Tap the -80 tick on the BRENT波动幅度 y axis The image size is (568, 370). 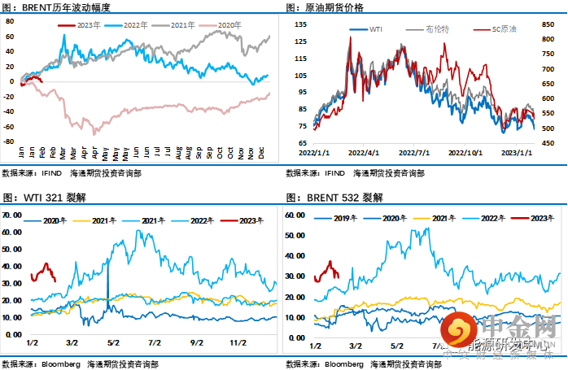pyautogui.click(x=10, y=127)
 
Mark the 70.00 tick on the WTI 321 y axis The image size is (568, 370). pyautogui.click(x=11, y=215)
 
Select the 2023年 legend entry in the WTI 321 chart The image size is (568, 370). pyautogui.click(x=241, y=220)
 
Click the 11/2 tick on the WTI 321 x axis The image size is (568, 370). pyautogui.click(x=238, y=342)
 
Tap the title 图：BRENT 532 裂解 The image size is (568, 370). pyautogui.click(x=334, y=198)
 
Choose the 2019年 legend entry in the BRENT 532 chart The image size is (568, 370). pyautogui.click(x=342, y=218)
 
